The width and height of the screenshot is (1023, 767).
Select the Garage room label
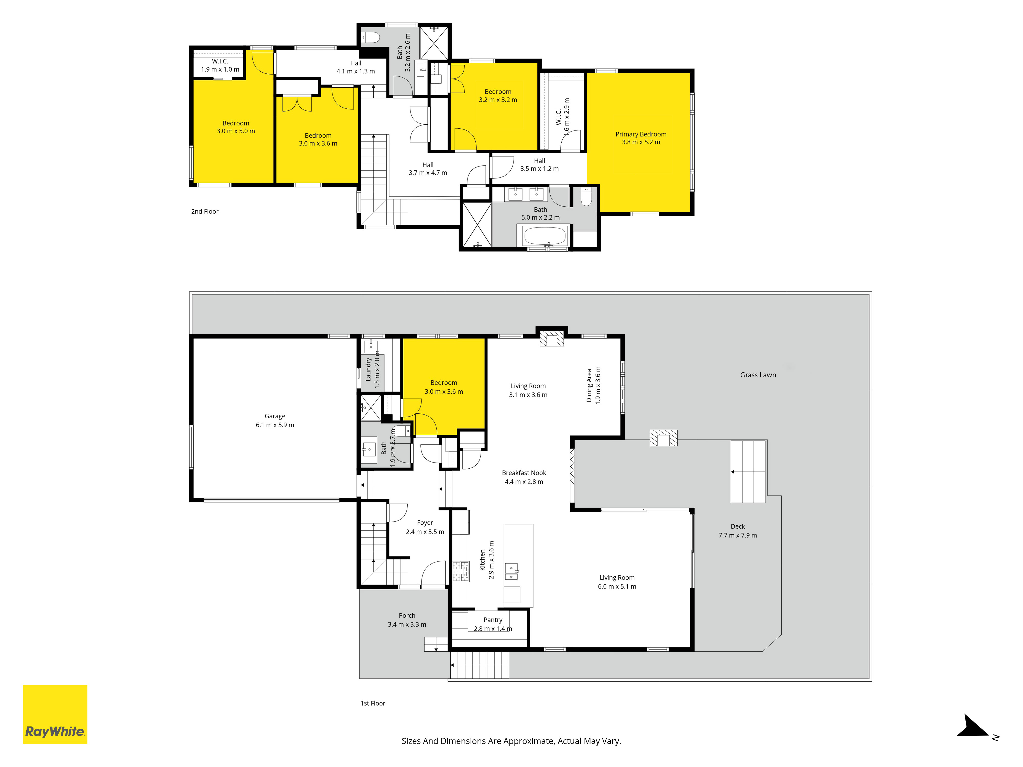pyautogui.click(x=275, y=416)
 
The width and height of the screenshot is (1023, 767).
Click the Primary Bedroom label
pyautogui.click(x=641, y=134)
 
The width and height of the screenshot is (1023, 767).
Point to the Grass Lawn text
pyautogui.click(x=758, y=375)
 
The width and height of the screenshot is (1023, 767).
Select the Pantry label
pyautogui.click(x=493, y=620)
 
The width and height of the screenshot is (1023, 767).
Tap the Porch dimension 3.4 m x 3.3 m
pyautogui.click(x=407, y=625)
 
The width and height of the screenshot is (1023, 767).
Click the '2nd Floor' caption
pyautogui.click(x=205, y=211)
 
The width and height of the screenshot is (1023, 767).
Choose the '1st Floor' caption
pyautogui.click(x=373, y=703)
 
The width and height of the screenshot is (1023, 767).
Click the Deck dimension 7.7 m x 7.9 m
pyautogui.click(x=738, y=535)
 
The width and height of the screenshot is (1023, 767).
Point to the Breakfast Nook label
pyautogui.click(x=524, y=473)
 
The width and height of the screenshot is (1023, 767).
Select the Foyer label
pyautogui.click(x=425, y=523)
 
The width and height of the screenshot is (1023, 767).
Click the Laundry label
pyautogui.click(x=369, y=369)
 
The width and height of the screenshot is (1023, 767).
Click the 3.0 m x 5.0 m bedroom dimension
pyautogui.click(x=236, y=131)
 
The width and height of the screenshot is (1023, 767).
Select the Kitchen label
pyautogui.click(x=482, y=560)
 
